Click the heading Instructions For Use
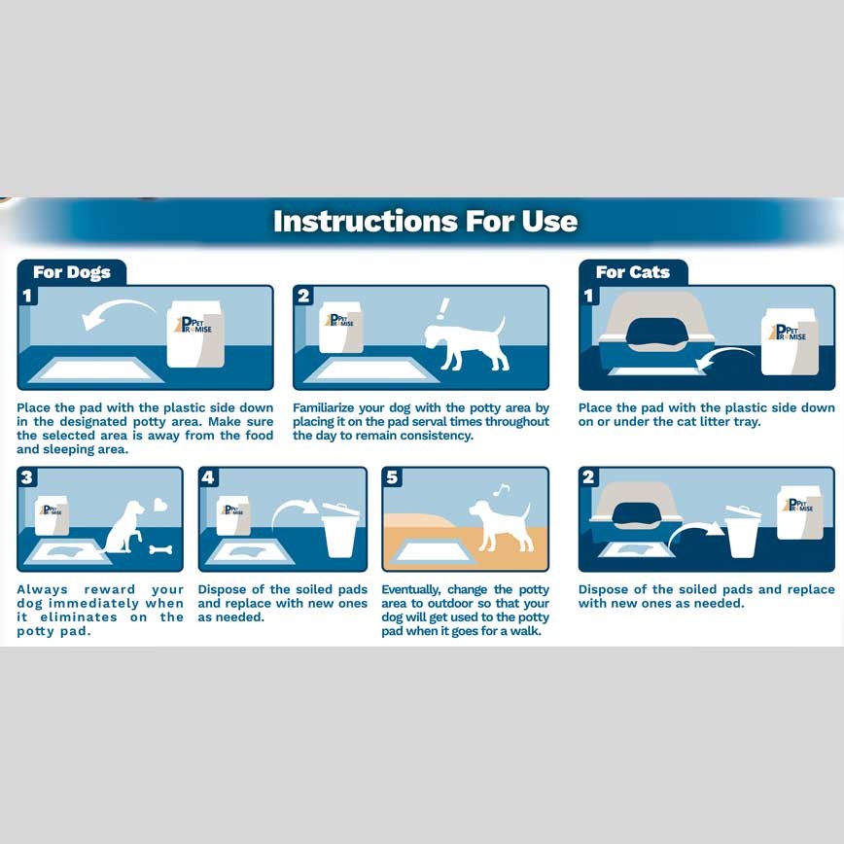click(x=425, y=222)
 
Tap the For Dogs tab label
click(x=72, y=272)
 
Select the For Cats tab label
click(x=632, y=272)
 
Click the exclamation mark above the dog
click(x=443, y=308)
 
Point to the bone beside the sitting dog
click(x=160, y=550)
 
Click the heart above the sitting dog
click(x=160, y=505)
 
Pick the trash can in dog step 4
click(x=339, y=531)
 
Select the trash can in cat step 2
click(x=742, y=532)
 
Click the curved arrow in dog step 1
click(x=116, y=311)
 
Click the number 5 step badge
click(x=392, y=476)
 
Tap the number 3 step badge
click(x=27, y=476)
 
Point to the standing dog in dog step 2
click(x=465, y=344)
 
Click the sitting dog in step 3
click(x=123, y=527)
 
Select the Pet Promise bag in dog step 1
click(x=194, y=334)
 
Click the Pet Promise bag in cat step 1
click(x=790, y=342)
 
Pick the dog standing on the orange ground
click(x=501, y=525)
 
